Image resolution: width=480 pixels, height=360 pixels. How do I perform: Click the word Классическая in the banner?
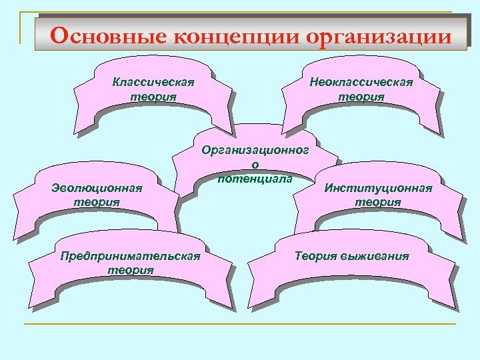153,83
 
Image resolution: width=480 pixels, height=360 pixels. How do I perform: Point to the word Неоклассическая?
361,82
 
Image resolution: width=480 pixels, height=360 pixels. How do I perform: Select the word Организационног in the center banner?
255,151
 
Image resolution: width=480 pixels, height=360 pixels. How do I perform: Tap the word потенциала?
255,177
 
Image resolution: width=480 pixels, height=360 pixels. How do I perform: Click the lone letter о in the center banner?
255,164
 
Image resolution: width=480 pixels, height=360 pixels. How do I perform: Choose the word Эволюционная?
97,188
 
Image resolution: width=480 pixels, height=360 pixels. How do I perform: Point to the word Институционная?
378,188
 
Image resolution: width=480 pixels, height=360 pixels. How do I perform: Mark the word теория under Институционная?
378,201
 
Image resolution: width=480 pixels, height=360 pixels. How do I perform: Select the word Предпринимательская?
130,257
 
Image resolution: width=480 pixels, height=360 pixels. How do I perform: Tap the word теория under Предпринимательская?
131,270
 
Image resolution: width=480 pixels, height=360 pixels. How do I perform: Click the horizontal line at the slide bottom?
240,324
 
